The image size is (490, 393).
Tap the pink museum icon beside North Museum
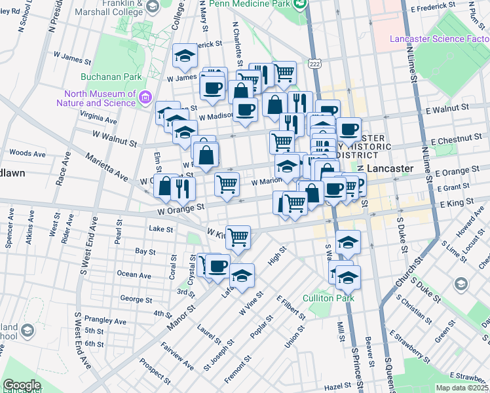[x=146, y=99]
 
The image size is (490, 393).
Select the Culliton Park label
[x=328, y=298]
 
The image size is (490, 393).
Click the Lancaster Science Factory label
[x=440, y=39]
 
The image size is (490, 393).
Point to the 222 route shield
[x=315, y=64]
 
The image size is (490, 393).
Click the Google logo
[x=22, y=385]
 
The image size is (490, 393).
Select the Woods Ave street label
[x=28, y=153]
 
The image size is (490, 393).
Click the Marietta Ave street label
[x=105, y=167]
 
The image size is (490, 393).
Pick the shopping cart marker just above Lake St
[x=238, y=237]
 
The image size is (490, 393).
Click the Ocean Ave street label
[x=134, y=274]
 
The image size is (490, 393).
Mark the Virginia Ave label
[x=98, y=121]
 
